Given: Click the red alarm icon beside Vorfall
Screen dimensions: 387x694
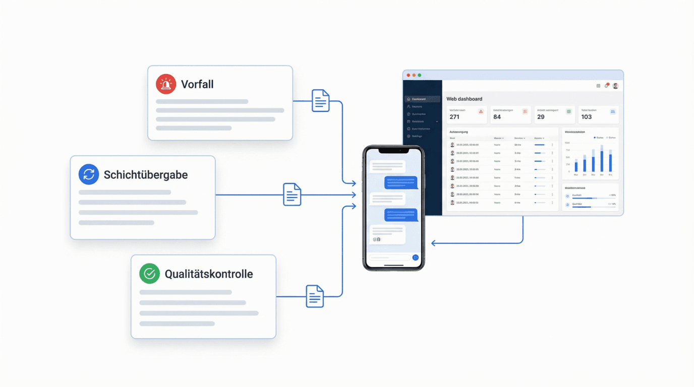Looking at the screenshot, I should click(165, 84).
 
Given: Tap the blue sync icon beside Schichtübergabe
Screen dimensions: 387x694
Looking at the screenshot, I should click(89, 174).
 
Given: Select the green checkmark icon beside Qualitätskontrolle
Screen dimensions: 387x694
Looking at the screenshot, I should click(149, 274).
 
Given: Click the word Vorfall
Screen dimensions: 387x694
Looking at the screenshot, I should click(197, 84).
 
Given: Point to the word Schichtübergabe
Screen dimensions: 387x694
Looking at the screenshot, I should click(145, 175).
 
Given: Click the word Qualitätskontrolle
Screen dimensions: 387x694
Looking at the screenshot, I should click(209, 274).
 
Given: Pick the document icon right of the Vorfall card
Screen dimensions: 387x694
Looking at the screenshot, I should click(320, 101).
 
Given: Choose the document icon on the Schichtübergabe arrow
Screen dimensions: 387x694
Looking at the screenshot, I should click(292, 195).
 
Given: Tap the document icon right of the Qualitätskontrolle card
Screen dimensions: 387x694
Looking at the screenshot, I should click(315, 296).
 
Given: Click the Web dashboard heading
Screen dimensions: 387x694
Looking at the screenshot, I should click(464, 99).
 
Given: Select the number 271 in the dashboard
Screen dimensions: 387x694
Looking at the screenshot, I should click(454, 117).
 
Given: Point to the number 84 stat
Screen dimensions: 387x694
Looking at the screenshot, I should click(497, 117).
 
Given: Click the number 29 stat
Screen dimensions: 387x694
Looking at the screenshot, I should click(541, 117).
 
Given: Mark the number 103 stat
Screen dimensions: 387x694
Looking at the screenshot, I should click(586, 117).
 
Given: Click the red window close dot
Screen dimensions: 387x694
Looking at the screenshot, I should click(408, 75).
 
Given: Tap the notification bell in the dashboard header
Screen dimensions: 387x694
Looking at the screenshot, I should click(606, 86).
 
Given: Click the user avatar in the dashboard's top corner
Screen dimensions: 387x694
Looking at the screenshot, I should click(615, 86).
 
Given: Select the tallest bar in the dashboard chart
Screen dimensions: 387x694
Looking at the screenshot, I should click(602, 159).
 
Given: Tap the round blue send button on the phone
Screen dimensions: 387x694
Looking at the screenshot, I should click(416, 257).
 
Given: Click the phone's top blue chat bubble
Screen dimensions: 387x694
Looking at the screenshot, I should click(401, 182).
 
